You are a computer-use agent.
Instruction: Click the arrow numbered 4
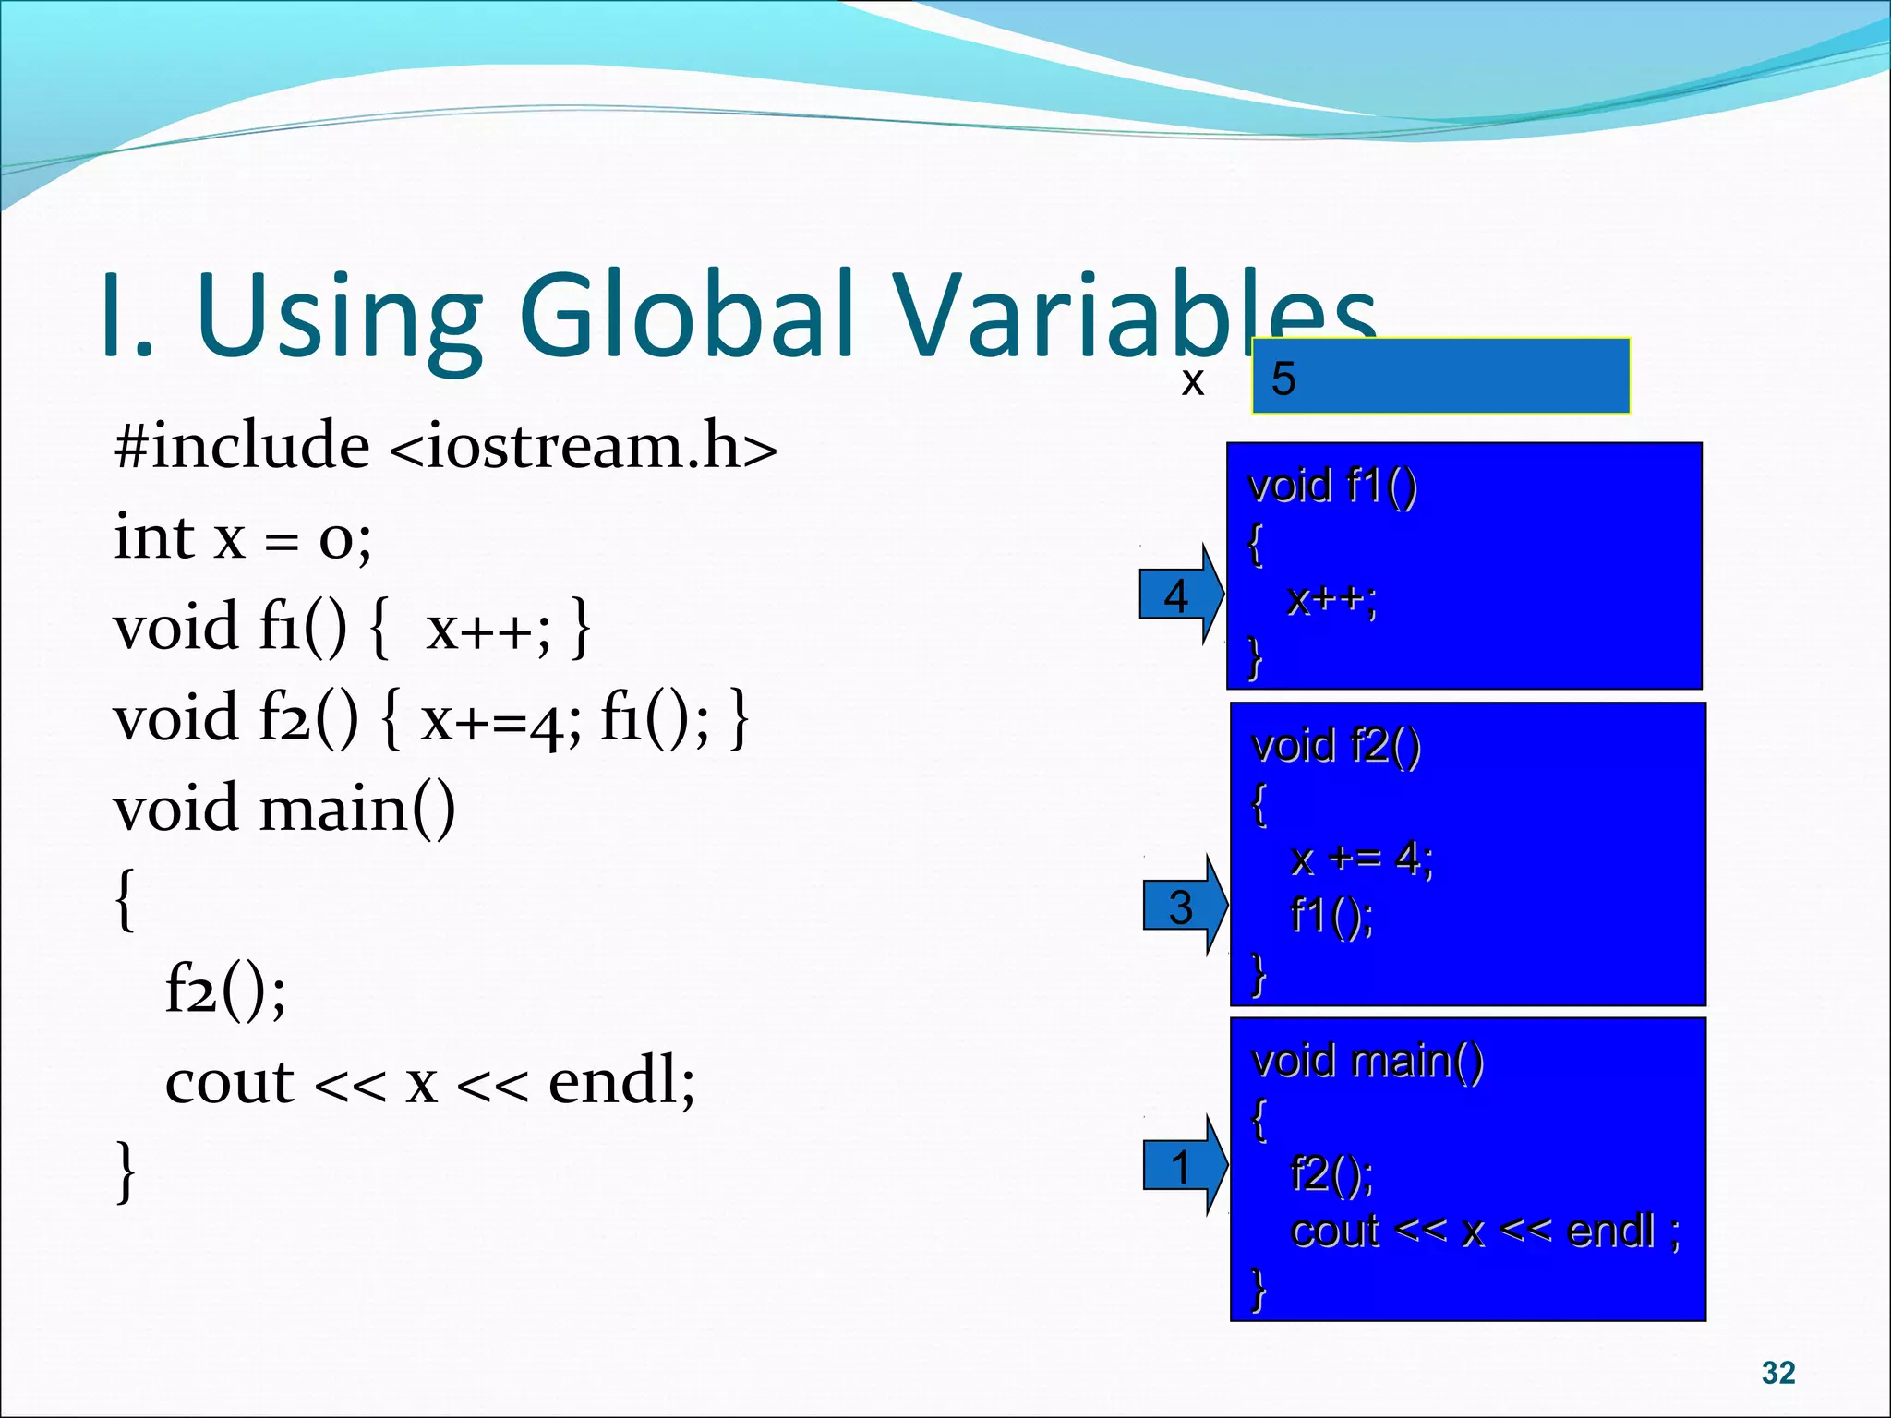(x=1179, y=595)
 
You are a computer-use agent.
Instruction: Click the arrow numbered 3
(x=1183, y=907)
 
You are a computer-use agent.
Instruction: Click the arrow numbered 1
(x=1183, y=1167)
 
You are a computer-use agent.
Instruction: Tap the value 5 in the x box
(x=1283, y=379)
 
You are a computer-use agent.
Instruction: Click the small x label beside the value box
(x=1192, y=380)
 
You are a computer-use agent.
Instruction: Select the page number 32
(x=1777, y=1373)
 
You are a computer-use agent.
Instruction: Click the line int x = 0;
(x=242, y=537)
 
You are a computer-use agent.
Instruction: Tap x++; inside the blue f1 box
(x=1331, y=600)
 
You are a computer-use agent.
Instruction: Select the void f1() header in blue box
(x=1331, y=486)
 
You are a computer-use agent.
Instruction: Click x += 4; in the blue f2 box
(x=1361, y=859)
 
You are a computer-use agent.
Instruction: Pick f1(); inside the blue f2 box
(x=1331, y=916)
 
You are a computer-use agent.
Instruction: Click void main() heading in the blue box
(x=1367, y=1060)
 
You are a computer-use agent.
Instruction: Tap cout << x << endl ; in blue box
(x=1485, y=1231)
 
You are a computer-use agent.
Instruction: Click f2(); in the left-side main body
(x=225, y=990)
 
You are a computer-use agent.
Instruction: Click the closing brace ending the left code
(x=126, y=1172)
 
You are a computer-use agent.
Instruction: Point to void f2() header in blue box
(x=1335, y=745)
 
